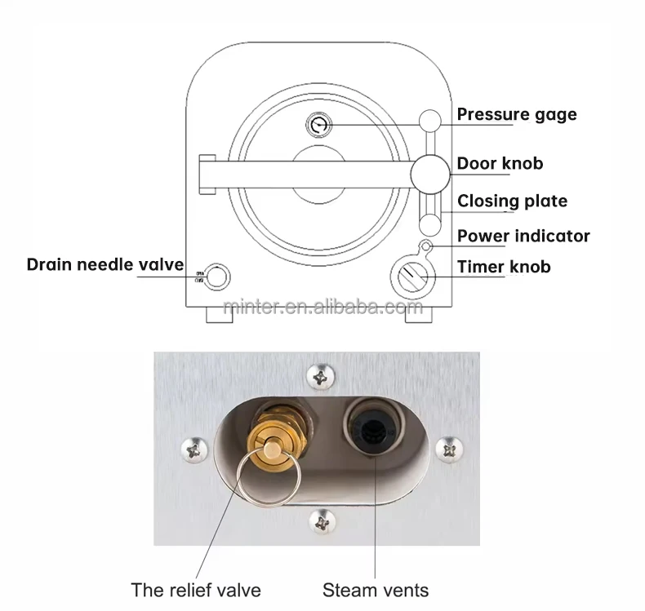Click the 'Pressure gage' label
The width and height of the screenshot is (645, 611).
pyautogui.click(x=516, y=114)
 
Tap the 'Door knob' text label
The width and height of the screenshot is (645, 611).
pyautogui.click(x=500, y=164)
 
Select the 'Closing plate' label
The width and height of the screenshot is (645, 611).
pyautogui.click(x=512, y=201)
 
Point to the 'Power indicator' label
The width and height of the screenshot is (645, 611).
pyautogui.click(x=523, y=237)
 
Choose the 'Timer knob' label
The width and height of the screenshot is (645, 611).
pyautogui.click(x=503, y=267)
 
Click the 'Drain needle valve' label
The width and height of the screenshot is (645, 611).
pyautogui.click(x=105, y=264)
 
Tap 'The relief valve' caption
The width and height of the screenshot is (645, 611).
pyautogui.click(x=196, y=589)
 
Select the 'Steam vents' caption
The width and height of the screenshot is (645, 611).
pyautogui.click(x=376, y=589)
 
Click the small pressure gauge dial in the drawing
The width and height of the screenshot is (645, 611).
pyautogui.click(x=318, y=125)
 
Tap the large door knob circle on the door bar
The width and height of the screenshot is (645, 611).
pyautogui.click(x=429, y=171)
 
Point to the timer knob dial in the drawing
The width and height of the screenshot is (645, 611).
pyautogui.click(x=414, y=277)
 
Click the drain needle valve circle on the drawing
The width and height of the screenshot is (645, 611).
pyautogui.click(x=216, y=277)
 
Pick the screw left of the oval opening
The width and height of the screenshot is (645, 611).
pyautogui.click(x=195, y=448)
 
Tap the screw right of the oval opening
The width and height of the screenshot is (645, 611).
pyautogui.click(x=450, y=448)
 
